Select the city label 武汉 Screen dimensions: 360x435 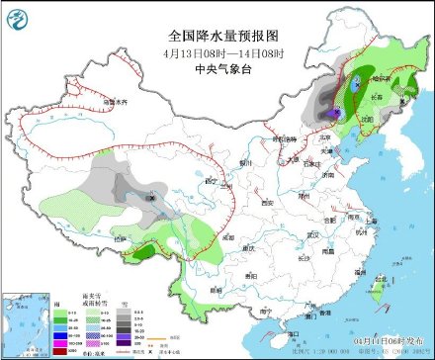coord(315,234)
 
